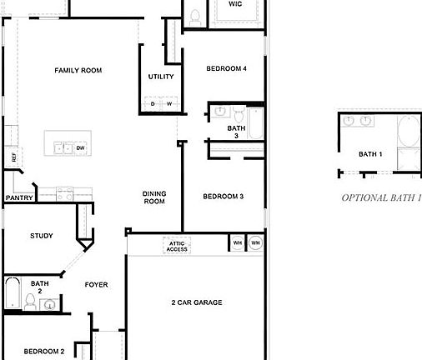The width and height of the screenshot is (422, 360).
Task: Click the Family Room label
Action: pos(78,71)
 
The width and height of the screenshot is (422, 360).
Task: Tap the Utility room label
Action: pos(161,77)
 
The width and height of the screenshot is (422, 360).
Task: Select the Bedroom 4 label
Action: pos(226,68)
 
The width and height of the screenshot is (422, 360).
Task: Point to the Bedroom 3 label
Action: pos(223,197)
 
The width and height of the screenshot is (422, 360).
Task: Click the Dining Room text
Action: pos(154,197)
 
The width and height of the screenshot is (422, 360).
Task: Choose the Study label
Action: pos(41,236)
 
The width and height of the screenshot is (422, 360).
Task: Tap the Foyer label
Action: pos(96,285)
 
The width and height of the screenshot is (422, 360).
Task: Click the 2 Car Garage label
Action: pos(196,302)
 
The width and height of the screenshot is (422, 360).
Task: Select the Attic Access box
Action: pos(177,246)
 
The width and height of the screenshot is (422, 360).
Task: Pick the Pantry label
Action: pos(18,198)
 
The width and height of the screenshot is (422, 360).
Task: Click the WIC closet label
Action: pos(234,4)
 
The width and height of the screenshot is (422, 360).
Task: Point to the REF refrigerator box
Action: pos(13,157)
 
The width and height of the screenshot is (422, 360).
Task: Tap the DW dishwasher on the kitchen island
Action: pos(81,148)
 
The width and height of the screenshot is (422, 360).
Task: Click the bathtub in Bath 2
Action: pos(12,292)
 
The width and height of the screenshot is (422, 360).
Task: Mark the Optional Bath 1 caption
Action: pos(379,198)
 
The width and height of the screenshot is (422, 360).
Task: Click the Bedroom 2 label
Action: pos(43,352)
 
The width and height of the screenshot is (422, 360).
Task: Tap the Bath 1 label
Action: pos(370,154)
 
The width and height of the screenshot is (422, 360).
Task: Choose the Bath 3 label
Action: pos(236,132)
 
